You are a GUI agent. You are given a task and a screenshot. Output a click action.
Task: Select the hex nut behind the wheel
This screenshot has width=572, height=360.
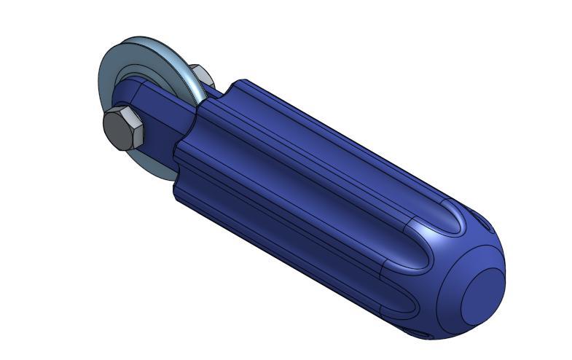coord(200,74)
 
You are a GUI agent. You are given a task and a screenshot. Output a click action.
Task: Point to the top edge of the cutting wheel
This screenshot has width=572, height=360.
coord(138,39)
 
